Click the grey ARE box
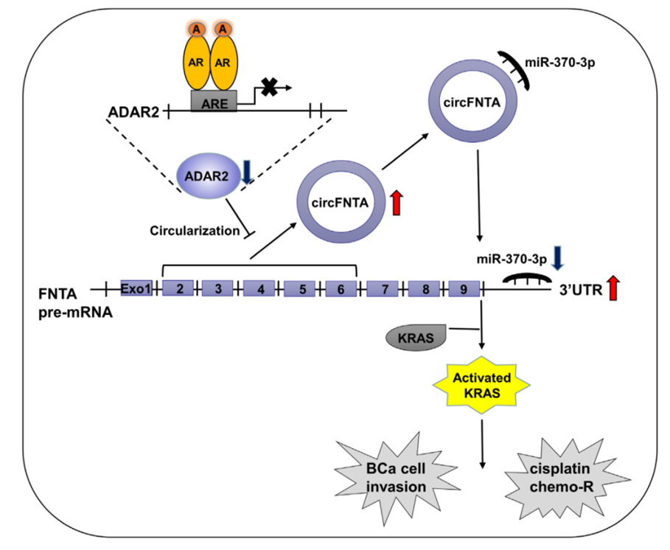[214, 101]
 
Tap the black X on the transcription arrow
[270, 87]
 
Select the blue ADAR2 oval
[208, 176]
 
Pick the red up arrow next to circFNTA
[397, 203]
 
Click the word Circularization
[195, 231]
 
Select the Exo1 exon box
[136, 288]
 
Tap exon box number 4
[259, 289]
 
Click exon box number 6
[341, 289]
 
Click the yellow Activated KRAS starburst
[482, 385]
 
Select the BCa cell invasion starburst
[396, 478]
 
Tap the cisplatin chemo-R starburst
[562, 478]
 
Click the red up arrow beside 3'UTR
[613, 288]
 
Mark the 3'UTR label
[581, 290]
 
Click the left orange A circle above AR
[196, 29]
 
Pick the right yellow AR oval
[223, 63]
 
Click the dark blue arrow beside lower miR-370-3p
[558, 258]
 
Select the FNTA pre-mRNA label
[76, 303]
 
